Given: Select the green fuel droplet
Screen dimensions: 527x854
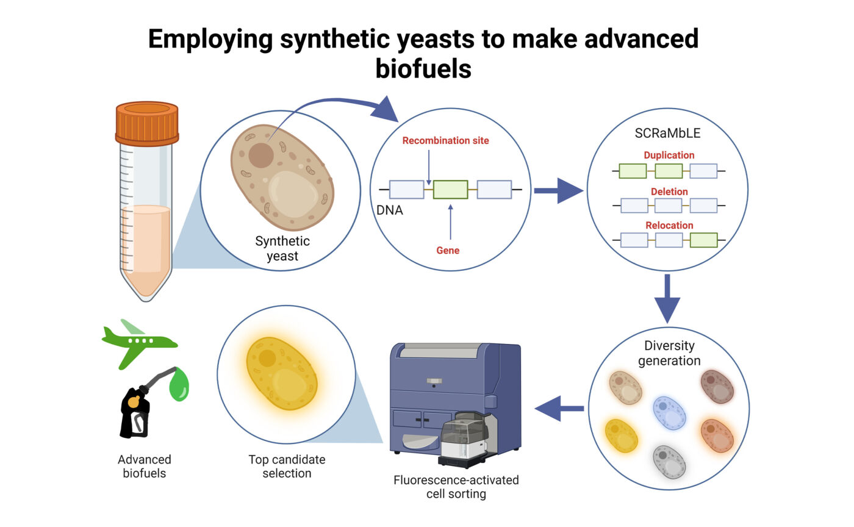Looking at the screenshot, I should (x=179, y=386).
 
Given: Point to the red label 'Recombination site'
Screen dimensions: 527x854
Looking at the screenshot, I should (x=445, y=141).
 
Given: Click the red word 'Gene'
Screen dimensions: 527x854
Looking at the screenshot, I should (x=448, y=250).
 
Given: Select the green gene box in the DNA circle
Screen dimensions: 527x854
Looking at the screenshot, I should (x=450, y=190).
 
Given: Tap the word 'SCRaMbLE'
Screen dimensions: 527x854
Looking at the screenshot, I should (x=669, y=134).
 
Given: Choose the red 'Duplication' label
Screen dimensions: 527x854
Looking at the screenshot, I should (x=669, y=156).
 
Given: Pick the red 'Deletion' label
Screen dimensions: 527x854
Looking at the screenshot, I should (x=669, y=192).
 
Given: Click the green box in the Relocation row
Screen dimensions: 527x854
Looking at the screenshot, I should (x=703, y=240).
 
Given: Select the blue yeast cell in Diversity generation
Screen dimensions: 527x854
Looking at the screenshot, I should (x=669, y=413).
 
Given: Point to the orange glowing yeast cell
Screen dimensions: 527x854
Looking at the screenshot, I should (x=716, y=434).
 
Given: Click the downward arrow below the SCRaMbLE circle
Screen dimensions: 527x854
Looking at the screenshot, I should (x=667, y=298).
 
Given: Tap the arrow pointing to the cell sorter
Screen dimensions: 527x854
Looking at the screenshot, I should (x=559, y=408).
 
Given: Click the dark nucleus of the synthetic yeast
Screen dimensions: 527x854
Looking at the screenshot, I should (x=261, y=155).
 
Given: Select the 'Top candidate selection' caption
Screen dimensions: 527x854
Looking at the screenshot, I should (x=287, y=466).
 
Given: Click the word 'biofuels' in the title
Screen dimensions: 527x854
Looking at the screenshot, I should (x=423, y=68).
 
